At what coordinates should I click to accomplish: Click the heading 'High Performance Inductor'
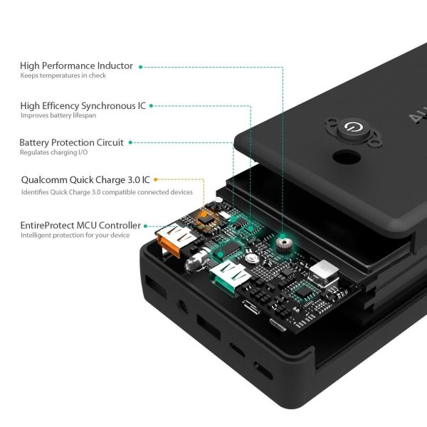pyautogui.click(x=76, y=65)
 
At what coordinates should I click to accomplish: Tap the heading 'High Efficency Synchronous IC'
pyautogui.click(x=83, y=105)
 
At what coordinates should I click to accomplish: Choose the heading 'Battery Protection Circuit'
pyautogui.click(x=71, y=142)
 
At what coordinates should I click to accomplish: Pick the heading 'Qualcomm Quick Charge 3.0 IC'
pyautogui.click(x=84, y=181)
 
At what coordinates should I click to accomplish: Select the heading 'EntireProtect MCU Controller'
pyautogui.click(x=80, y=225)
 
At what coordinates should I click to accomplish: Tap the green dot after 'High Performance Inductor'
pyautogui.click(x=141, y=66)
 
